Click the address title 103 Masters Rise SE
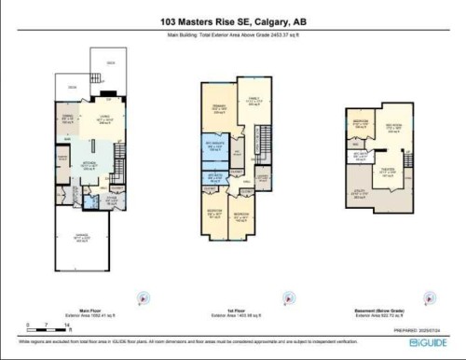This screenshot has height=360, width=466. coord(232,21)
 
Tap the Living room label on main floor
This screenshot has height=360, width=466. coord(93,120)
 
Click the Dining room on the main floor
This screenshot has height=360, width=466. coord(66,118)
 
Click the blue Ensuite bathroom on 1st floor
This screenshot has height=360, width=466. coord(215,147)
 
